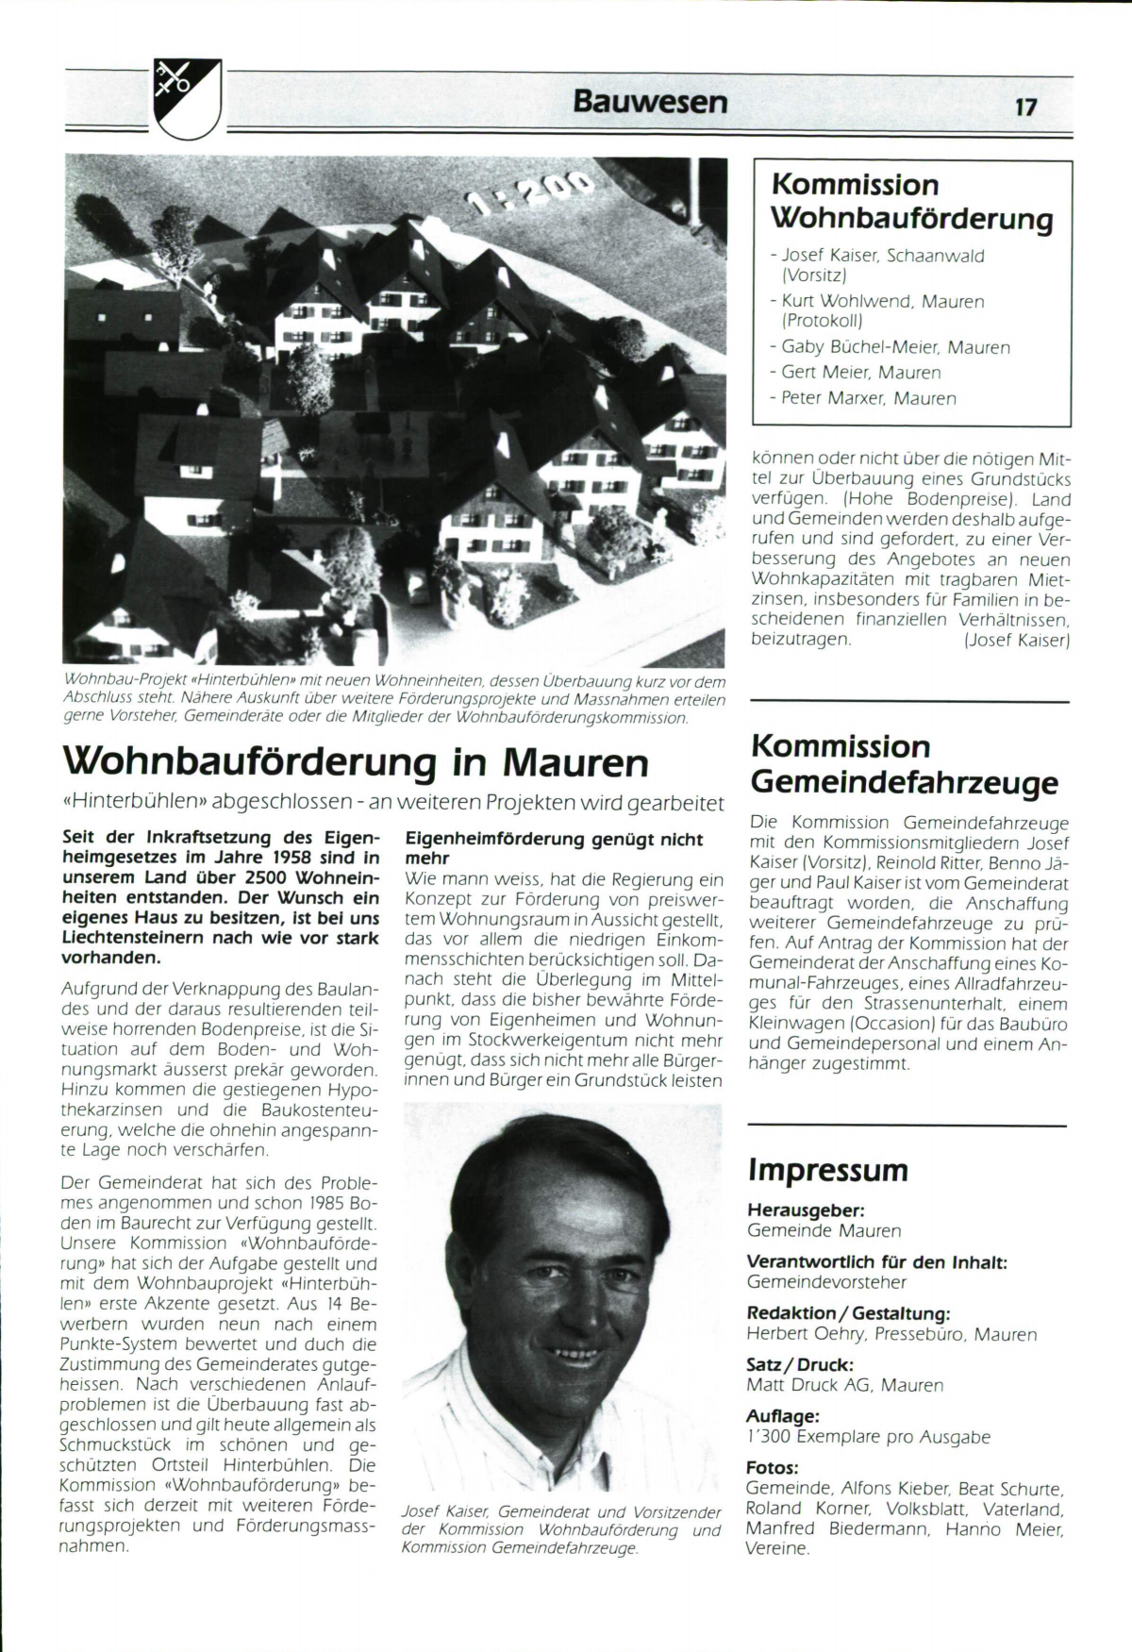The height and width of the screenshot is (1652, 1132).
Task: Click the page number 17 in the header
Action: coord(1025,107)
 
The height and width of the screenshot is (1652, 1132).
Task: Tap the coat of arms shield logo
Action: coord(187,97)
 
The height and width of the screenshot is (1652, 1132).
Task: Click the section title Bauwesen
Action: coord(650,101)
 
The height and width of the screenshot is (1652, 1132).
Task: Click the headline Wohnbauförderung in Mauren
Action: coord(355,762)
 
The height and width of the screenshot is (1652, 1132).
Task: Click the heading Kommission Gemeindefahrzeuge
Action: coord(904,764)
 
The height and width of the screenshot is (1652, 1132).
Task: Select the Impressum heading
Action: coord(827,1170)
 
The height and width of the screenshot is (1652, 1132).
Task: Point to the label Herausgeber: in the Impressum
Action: coord(806,1210)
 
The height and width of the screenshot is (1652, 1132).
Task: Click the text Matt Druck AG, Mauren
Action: coord(844,1385)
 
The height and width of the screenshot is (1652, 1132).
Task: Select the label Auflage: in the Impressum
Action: coord(783,1416)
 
